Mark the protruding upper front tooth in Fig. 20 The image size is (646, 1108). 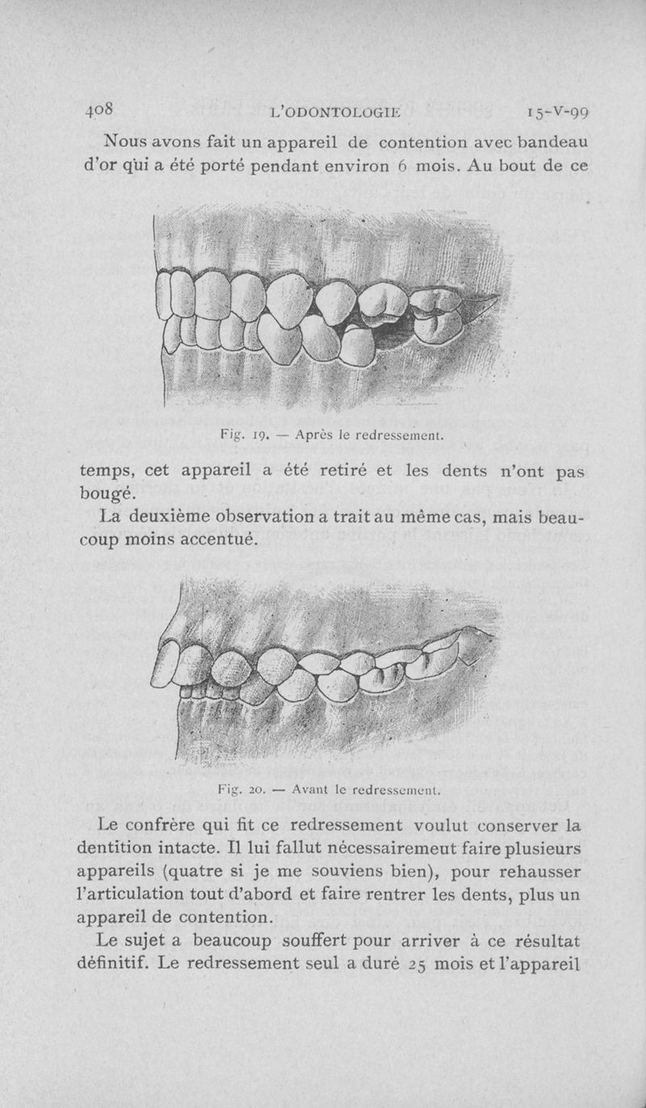coord(166,665)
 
